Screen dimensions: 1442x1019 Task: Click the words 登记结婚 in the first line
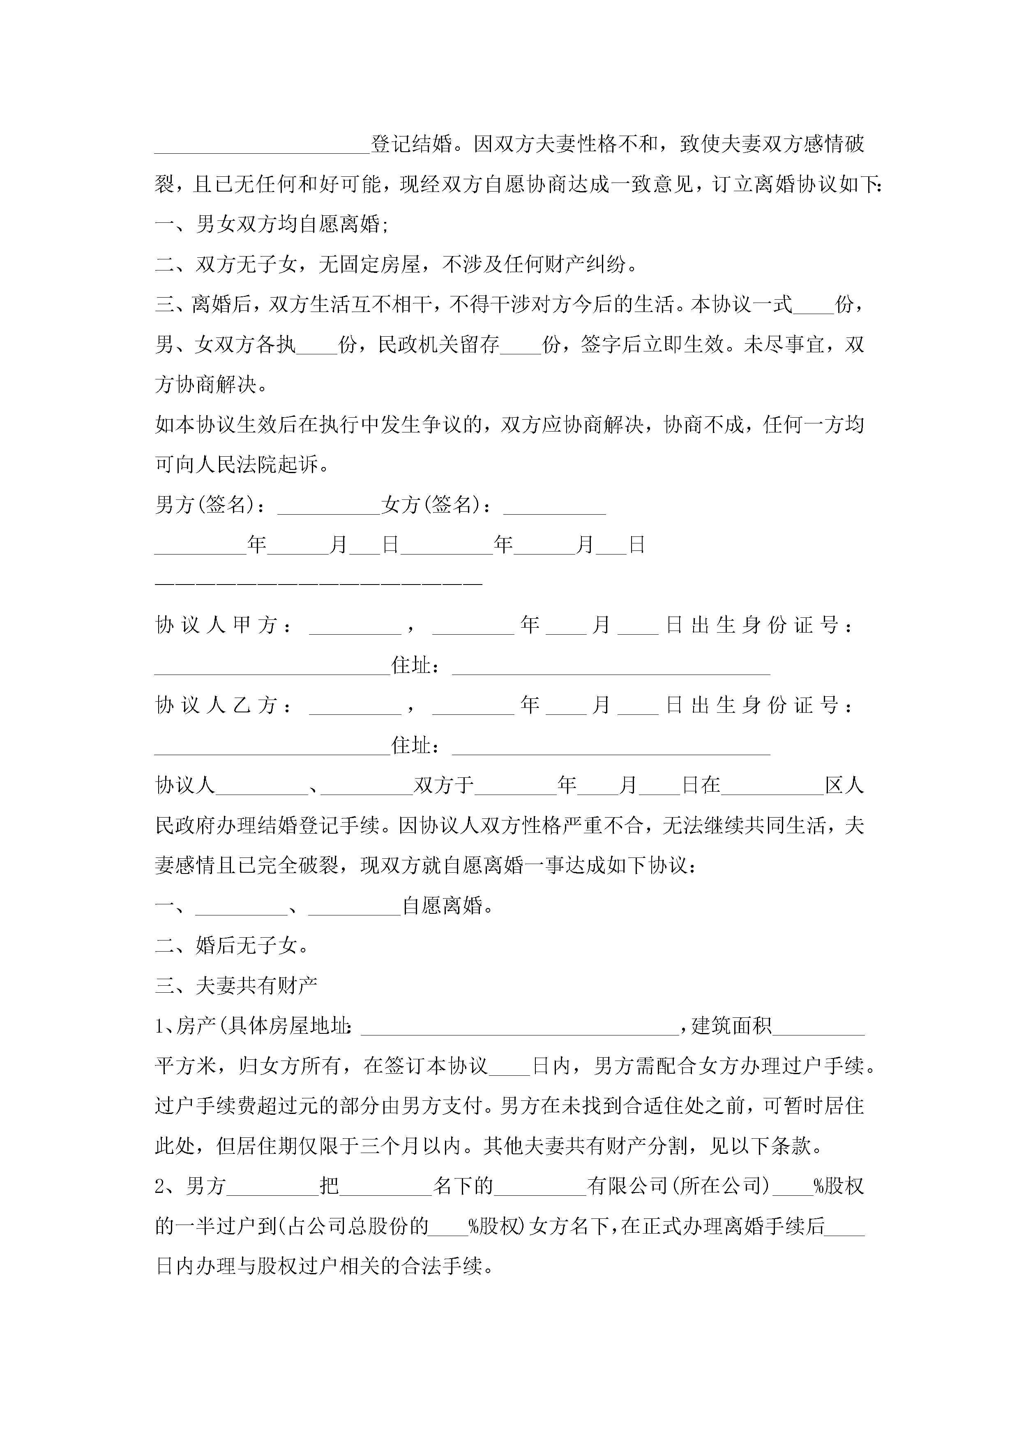click(x=411, y=144)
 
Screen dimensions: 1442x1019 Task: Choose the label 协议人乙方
click(x=216, y=705)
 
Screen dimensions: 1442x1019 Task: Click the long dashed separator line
click(x=318, y=584)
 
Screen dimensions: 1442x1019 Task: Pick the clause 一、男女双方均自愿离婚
click(x=271, y=224)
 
